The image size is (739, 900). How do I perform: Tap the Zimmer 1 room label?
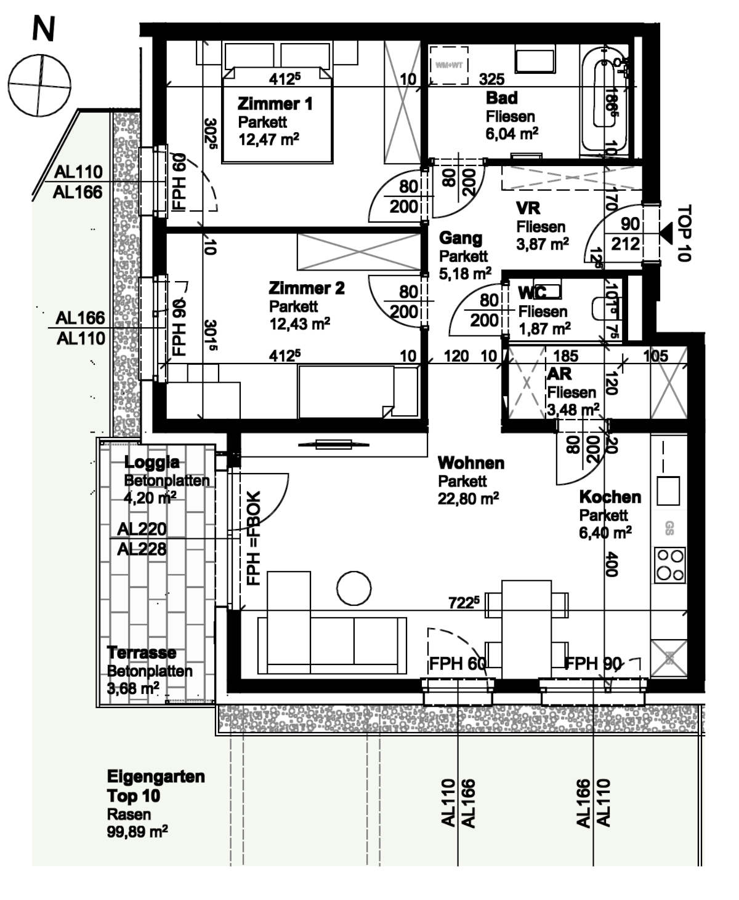click(275, 103)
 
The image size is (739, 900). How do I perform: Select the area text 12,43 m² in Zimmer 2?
click(299, 323)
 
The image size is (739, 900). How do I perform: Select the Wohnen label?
click(470, 463)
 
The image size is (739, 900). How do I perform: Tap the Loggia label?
click(152, 462)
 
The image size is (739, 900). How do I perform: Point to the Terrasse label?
click(141, 653)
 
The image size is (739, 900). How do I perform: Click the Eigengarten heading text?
click(156, 776)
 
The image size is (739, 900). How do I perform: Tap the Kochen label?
click(610, 496)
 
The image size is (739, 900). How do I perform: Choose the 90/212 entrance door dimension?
click(625, 234)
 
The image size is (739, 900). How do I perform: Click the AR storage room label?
click(559, 374)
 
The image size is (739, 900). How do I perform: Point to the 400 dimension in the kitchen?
click(610, 563)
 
